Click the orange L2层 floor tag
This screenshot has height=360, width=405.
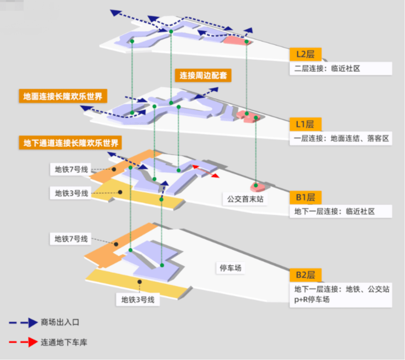[x=305, y=55]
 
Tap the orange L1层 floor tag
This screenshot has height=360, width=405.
[x=305, y=124]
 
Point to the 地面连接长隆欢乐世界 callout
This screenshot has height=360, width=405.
[x=63, y=96]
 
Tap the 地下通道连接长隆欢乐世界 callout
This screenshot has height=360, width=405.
[x=71, y=144]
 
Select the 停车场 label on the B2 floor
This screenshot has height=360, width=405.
[x=230, y=268]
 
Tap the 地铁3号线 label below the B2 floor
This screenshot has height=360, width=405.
[x=138, y=300]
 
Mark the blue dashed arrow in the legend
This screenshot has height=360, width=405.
[x=22, y=322]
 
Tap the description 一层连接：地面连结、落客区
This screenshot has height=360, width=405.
[x=341, y=138]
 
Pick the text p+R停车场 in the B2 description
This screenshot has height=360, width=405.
[x=312, y=299]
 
